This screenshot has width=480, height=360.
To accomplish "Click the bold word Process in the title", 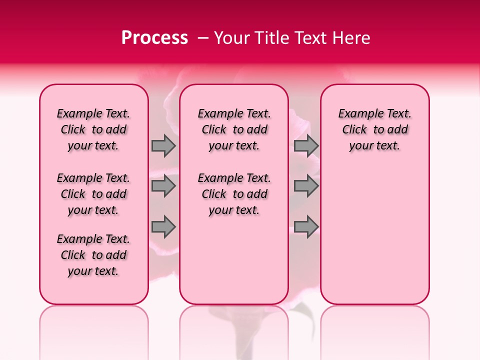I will tap(154, 37).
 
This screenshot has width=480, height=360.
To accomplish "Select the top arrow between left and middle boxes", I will tap(163, 145).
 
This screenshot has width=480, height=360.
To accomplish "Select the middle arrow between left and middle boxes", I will tap(163, 186).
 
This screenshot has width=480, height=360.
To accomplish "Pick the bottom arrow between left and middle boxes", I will tap(163, 226).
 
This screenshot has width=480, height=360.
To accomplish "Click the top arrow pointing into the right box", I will tap(306, 145).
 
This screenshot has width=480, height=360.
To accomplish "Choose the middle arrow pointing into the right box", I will tap(306, 186).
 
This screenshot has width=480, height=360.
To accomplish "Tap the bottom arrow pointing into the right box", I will tap(306, 226).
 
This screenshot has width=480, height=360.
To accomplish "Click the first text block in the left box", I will tap(93, 129).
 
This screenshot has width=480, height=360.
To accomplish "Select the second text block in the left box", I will tap(93, 194).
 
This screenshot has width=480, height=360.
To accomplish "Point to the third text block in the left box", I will tap(93, 255).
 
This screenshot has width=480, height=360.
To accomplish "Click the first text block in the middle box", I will tap(234, 129).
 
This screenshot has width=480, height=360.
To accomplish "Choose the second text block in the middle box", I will tap(234, 194).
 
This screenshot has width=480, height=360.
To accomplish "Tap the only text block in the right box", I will tap(374, 129).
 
